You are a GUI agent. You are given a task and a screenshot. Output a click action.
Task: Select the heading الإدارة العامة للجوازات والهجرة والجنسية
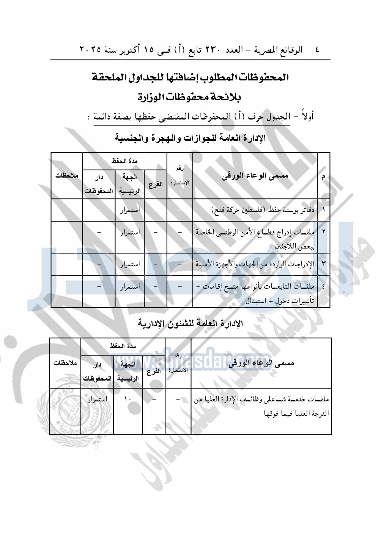[x=190, y=138]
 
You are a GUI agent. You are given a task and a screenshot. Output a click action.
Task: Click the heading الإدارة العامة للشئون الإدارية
[x=190, y=324]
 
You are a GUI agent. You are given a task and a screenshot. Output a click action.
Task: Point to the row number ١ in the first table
[x=323, y=210]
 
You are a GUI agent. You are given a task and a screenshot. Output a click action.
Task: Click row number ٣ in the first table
[x=323, y=264]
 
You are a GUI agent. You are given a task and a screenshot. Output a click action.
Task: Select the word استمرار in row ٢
[x=130, y=232]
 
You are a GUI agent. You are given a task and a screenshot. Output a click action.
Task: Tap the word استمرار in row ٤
[x=130, y=286]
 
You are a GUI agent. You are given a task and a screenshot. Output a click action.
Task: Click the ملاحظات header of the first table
[x=67, y=176]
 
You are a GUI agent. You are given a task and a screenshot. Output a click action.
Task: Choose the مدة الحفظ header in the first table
[x=124, y=161]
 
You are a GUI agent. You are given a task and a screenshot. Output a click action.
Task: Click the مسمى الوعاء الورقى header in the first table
[x=255, y=176]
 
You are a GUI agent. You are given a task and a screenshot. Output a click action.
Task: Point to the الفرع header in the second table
[x=154, y=371]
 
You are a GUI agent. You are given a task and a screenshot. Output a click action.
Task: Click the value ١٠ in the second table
[x=128, y=399]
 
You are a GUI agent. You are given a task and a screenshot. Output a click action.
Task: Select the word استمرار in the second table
[x=97, y=399]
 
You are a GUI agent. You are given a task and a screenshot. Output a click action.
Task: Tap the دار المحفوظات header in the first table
[x=99, y=184]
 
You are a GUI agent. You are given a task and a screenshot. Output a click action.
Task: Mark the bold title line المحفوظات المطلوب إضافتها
[x=190, y=77]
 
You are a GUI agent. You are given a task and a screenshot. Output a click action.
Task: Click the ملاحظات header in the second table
[x=65, y=363]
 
